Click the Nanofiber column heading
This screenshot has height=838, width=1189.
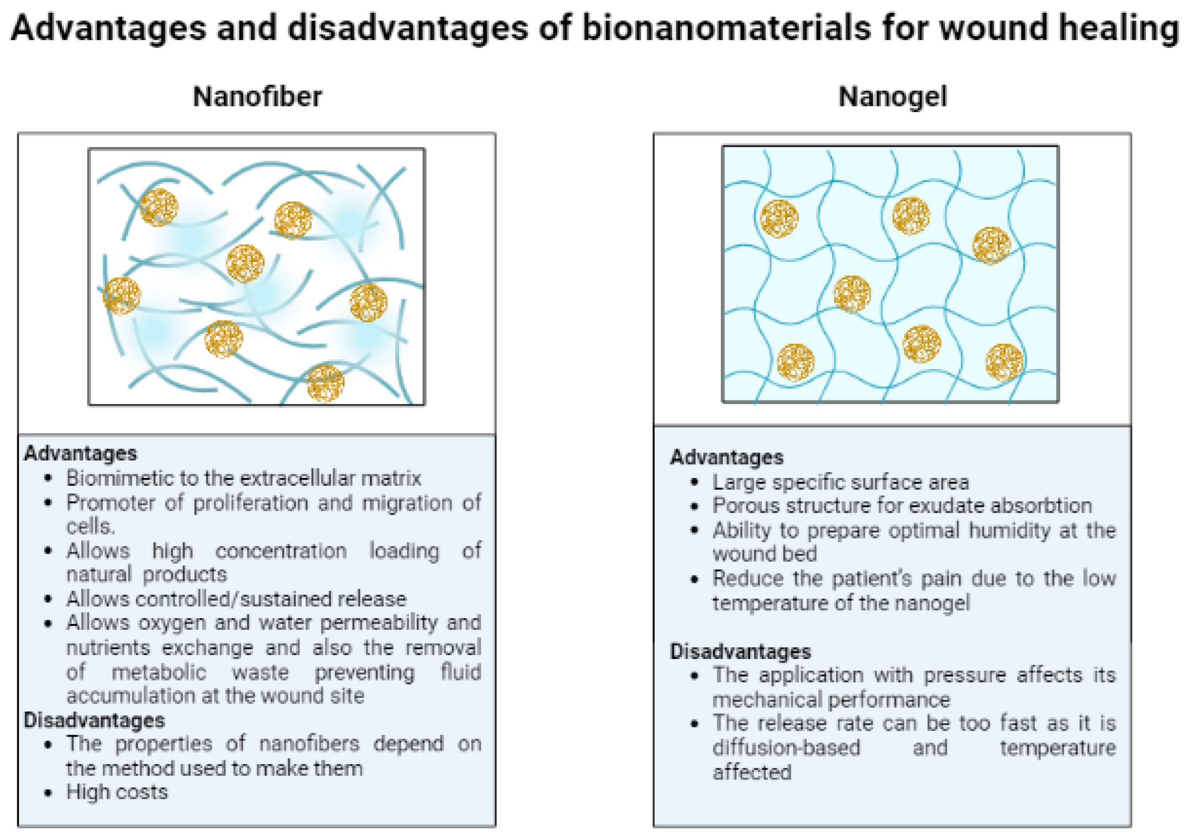(x=257, y=97)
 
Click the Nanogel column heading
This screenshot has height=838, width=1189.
(x=892, y=97)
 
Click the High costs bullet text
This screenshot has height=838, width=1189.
(x=117, y=792)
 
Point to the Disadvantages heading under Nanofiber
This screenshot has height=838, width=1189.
(x=94, y=721)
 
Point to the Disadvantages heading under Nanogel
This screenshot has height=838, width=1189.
(x=741, y=651)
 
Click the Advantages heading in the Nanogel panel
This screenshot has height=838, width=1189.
(x=727, y=458)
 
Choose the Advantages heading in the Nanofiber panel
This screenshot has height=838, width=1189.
(x=80, y=454)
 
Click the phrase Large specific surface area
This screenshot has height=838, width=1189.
(x=840, y=482)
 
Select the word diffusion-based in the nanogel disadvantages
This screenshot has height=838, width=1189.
(x=786, y=748)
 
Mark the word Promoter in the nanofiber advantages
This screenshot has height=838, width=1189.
(x=110, y=503)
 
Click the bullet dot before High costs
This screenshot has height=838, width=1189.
(x=48, y=793)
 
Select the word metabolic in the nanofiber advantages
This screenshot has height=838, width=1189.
(x=159, y=672)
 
